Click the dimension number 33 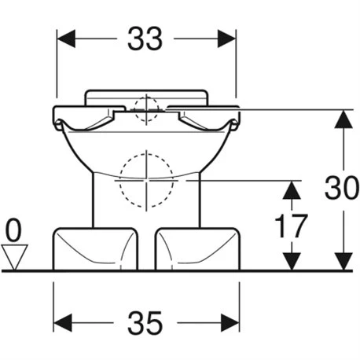point(145,39)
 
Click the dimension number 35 point(145,323)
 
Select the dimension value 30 point(341,187)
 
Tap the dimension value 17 point(291,226)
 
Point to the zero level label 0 point(13,231)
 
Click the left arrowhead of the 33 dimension point(66,39)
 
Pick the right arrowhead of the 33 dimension point(226,39)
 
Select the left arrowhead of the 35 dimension point(63,323)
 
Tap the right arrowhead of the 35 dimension point(230,323)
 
